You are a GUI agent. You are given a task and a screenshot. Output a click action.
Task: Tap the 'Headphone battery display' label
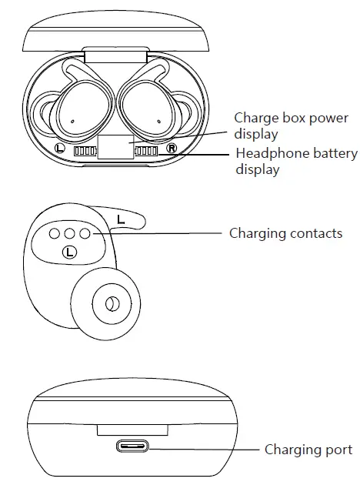pyautogui.click(x=296, y=161)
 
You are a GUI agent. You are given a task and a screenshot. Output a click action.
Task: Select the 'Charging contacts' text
pyautogui.click(x=285, y=232)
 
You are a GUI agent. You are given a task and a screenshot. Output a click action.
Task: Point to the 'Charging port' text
pyautogui.click(x=308, y=450)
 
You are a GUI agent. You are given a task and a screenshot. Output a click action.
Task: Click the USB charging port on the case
pyautogui.click(x=132, y=446)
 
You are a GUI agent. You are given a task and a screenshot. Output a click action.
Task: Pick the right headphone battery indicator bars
pyautogui.click(x=146, y=151)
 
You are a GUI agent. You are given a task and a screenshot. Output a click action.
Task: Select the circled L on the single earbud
pyautogui.click(x=70, y=251)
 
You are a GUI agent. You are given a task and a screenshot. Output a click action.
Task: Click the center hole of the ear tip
pyautogui.click(x=112, y=304)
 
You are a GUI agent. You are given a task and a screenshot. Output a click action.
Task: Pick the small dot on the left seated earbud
pyautogui.click(x=72, y=122)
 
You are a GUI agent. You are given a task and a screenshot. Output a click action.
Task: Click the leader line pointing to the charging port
pyautogui.click(x=204, y=447)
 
